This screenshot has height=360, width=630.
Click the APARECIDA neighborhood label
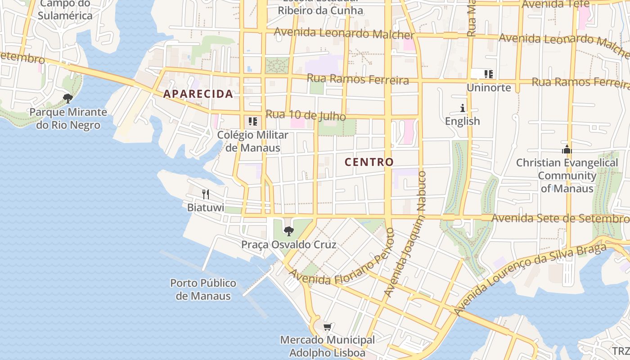coord(198,94)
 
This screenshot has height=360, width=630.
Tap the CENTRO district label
coord(369,162)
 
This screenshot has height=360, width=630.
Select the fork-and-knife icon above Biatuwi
coord(206,194)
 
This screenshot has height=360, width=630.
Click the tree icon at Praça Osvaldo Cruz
coord(289,231)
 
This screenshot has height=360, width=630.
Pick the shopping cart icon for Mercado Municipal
coord(328,327)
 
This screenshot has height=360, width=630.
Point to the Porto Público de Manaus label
coord(203,289)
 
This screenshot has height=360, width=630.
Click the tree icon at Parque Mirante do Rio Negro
coord(68,98)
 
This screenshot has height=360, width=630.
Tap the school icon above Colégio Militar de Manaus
coord(253,121)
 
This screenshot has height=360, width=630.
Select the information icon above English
coord(463,108)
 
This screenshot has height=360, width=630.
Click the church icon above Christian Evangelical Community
coord(567,149)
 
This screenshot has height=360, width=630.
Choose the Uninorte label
coord(489,88)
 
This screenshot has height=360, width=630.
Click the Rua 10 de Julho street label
coord(306,115)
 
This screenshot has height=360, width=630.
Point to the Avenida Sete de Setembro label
coord(560,218)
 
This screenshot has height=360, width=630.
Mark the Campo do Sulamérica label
coord(65,10)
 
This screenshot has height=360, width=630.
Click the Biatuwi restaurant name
coord(206,207)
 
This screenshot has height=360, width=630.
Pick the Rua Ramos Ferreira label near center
coord(358,80)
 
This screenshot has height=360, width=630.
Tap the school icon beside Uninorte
coord(489,74)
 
